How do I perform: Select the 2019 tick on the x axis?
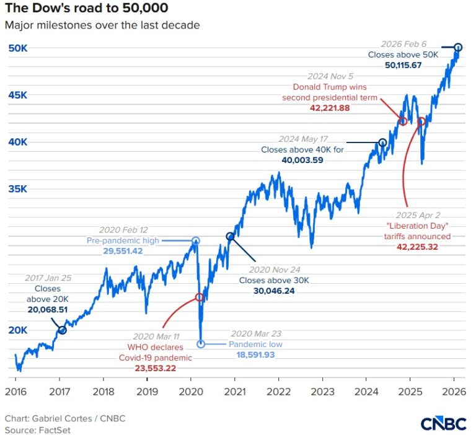click(146, 392)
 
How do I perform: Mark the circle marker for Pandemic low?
click(200, 344)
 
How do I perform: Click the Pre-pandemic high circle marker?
click(196, 240)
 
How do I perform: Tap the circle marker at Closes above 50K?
click(458, 47)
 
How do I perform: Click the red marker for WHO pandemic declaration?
click(200, 297)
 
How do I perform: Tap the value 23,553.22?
click(156, 368)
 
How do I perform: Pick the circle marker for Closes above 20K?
click(62, 330)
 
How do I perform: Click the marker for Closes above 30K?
click(230, 237)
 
